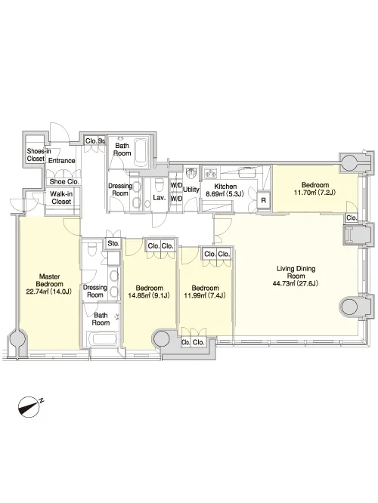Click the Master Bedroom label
coord(49,280)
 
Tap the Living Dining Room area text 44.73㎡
coord(284,283)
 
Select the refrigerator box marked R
coord(264,200)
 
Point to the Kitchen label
coord(225,187)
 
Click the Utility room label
coord(191,190)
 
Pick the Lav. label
coord(159,198)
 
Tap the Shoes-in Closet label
coord(39,154)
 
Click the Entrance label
coord(62,160)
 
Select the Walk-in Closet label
coord(61,198)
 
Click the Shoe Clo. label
coord(64,181)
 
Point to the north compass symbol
coord(30,407)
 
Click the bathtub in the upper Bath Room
coord(141,150)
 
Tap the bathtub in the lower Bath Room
coord(103,339)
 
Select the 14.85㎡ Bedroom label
coord(149,292)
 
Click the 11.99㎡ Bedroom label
coord(205,292)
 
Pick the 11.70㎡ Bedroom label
coord(315,189)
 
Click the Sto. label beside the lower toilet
coord(113,243)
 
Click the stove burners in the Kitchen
coord(211,172)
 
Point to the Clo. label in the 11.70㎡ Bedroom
coord(352,218)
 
